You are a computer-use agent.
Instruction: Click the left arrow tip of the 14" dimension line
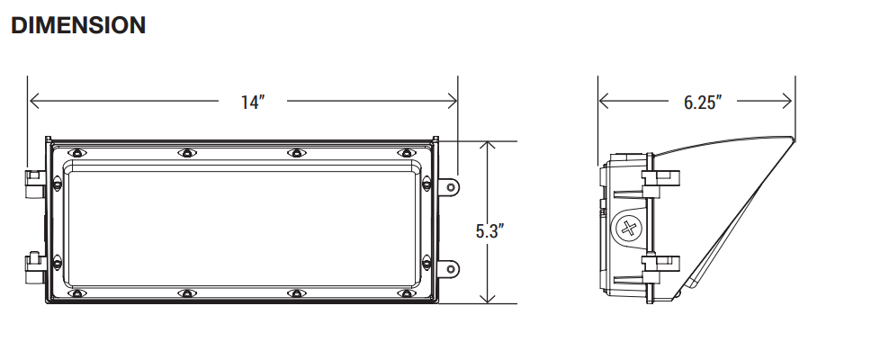(30, 101)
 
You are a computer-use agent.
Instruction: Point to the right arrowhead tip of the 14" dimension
(456, 101)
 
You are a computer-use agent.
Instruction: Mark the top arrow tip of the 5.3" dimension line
(488, 142)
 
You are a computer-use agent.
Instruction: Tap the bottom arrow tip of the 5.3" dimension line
(488, 303)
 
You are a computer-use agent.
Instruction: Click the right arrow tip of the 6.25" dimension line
(791, 101)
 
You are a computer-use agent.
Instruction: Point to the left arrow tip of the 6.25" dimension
(599, 101)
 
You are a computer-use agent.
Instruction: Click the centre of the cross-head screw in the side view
(628, 229)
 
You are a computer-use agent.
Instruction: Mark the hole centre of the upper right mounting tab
(451, 186)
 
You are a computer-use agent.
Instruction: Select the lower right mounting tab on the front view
(448, 269)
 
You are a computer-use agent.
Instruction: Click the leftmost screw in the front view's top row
(76, 153)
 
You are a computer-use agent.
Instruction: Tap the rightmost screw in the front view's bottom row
(406, 293)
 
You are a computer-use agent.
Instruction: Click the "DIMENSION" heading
(78, 26)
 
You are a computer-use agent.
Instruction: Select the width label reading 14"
(253, 103)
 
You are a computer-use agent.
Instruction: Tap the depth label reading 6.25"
(703, 103)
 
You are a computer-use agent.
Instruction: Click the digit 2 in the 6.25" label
(701, 103)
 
